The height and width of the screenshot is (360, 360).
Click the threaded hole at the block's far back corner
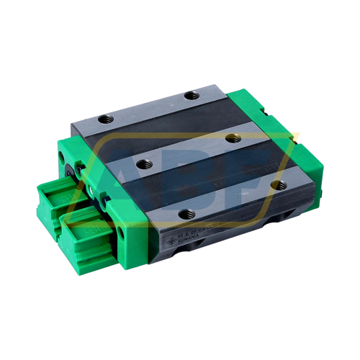coord(190,95)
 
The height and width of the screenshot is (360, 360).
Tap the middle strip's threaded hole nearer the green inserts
coord(143,163)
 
